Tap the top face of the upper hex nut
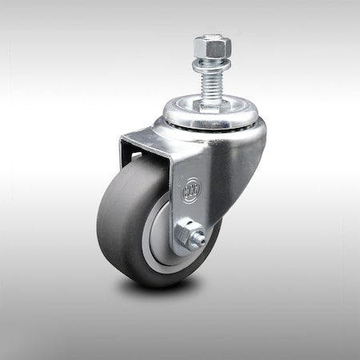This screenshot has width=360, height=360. tap(212, 38)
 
